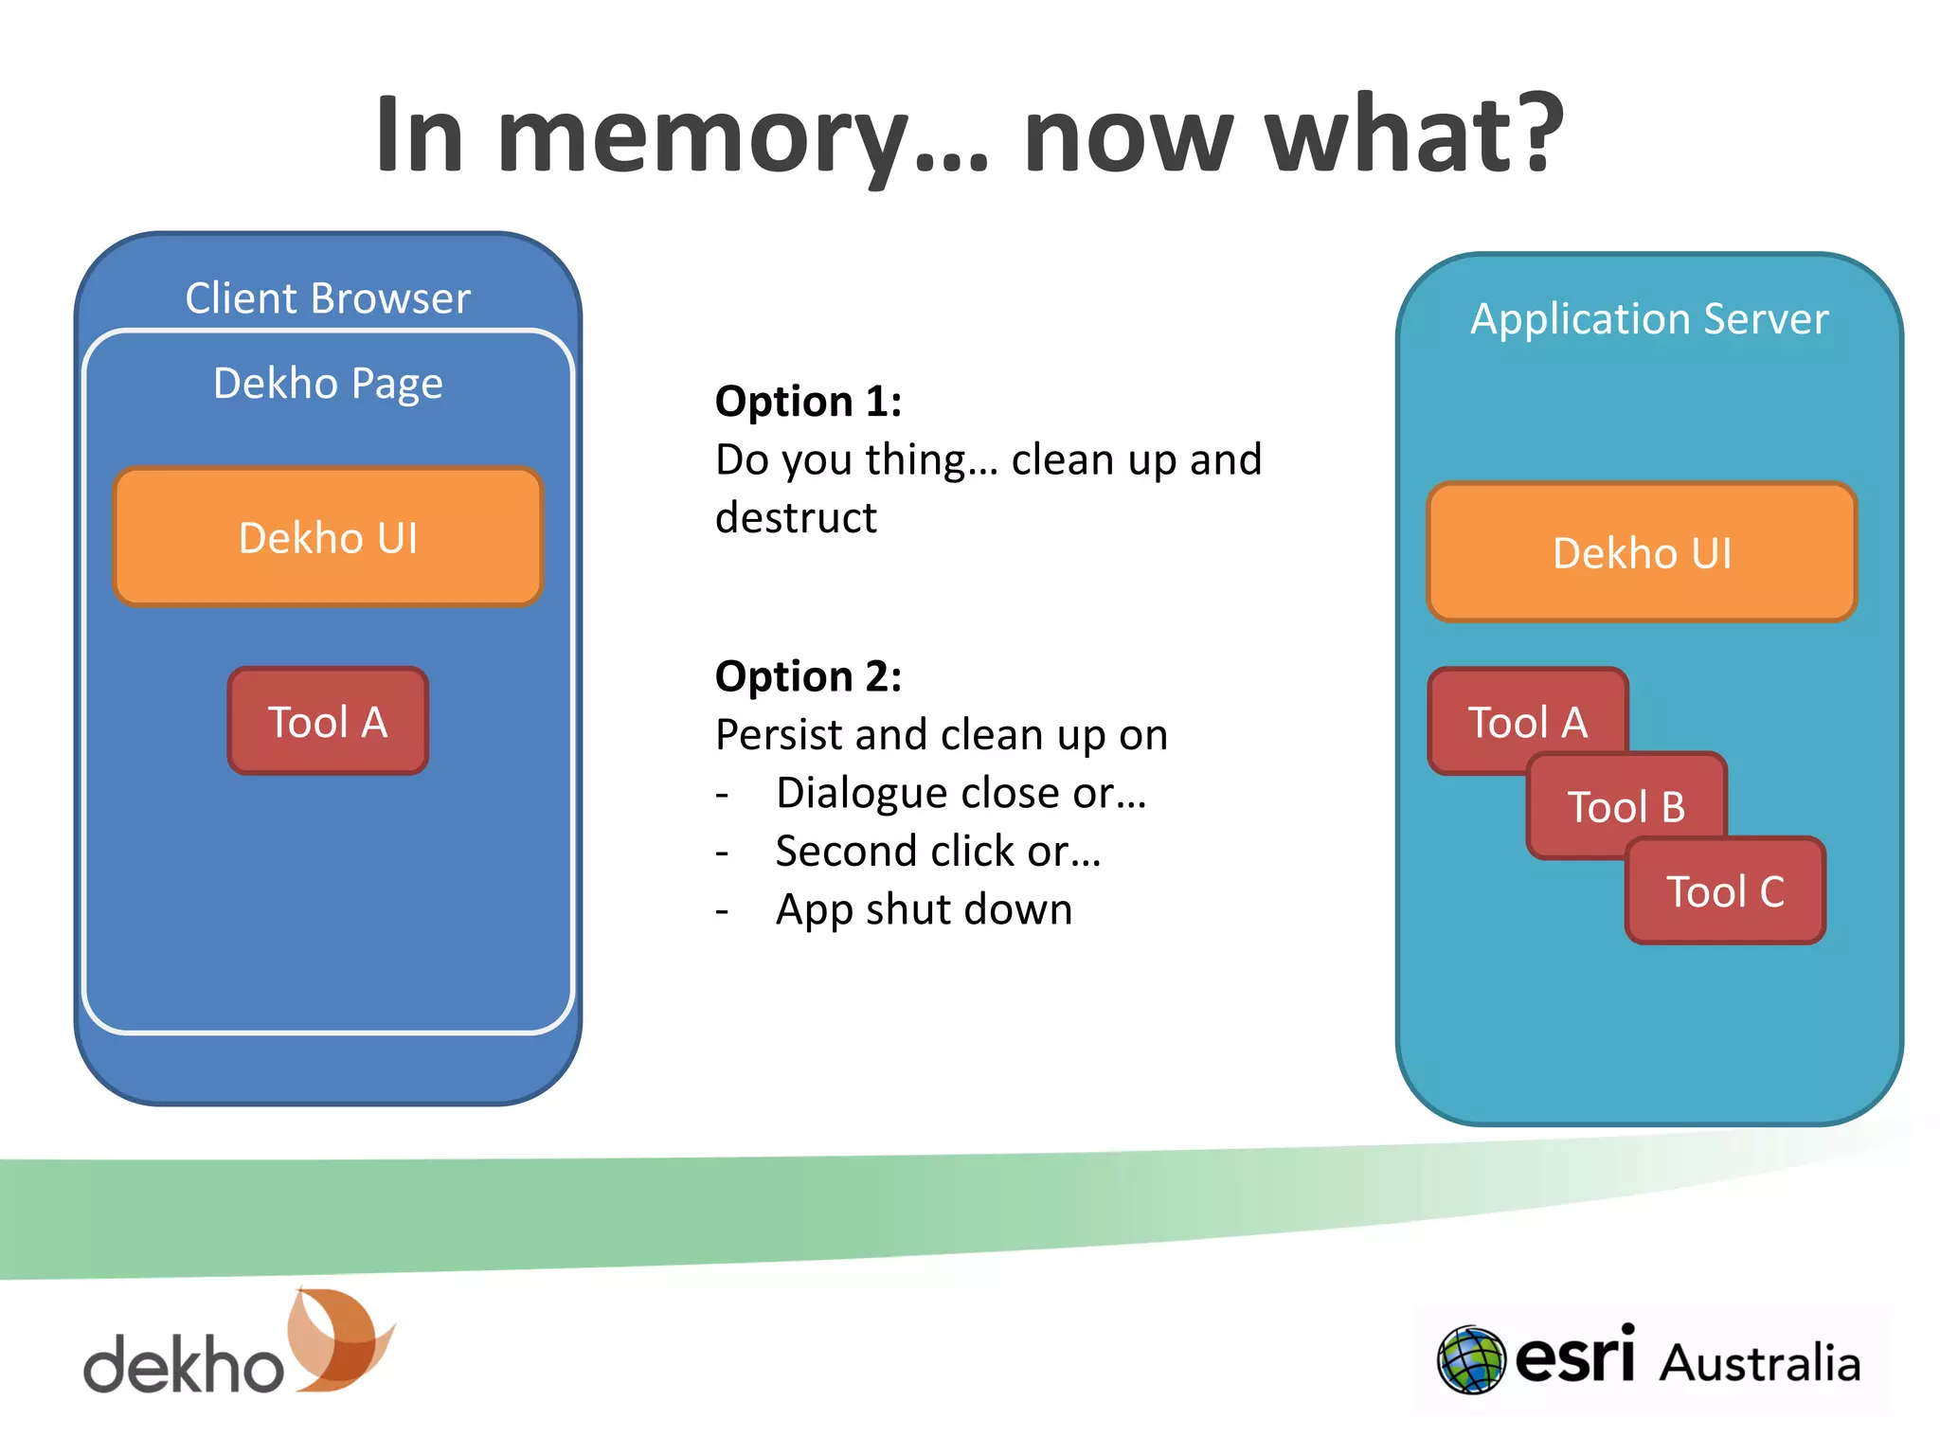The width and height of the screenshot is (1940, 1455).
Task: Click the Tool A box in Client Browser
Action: coord(328,722)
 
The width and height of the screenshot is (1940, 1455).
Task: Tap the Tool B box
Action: coord(1626,806)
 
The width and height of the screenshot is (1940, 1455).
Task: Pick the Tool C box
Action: coord(1725,891)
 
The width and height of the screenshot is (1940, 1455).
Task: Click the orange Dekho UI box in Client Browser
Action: coord(328,537)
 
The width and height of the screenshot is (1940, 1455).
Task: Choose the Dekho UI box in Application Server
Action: coord(1642,552)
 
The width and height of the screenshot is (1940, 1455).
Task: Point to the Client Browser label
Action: coord(328,298)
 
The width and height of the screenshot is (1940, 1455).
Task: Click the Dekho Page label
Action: coord(328,384)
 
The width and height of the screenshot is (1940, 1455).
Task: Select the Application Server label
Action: coord(1649,319)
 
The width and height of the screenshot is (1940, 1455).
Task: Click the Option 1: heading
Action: coord(808,402)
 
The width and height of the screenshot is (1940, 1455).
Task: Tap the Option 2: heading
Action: coord(808,676)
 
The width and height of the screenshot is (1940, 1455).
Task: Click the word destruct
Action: coord(796,518)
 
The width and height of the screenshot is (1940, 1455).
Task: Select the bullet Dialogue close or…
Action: coord(961,793)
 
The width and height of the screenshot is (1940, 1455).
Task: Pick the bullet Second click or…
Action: coord(938,851)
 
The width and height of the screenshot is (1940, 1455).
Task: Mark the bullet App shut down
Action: coord(924,909)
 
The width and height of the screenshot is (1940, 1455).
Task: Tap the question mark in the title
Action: coord(1535,133)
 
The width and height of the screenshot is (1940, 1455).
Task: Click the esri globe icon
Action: coord(1470,1360)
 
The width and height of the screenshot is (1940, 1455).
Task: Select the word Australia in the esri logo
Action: coord(1760,1364)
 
